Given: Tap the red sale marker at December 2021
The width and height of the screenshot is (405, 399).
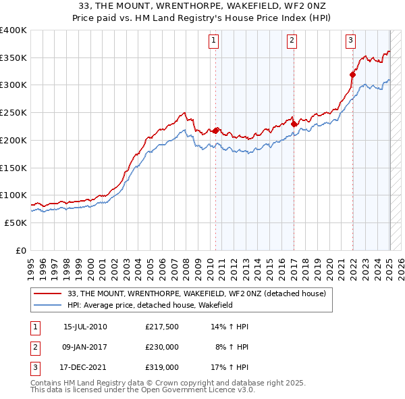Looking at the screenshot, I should coord(352,74).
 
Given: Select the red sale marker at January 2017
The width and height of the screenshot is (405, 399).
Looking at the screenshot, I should coord(294,124).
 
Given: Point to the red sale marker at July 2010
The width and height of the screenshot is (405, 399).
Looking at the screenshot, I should coord(216,131).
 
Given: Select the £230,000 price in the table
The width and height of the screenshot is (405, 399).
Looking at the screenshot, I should coord(162,347).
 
